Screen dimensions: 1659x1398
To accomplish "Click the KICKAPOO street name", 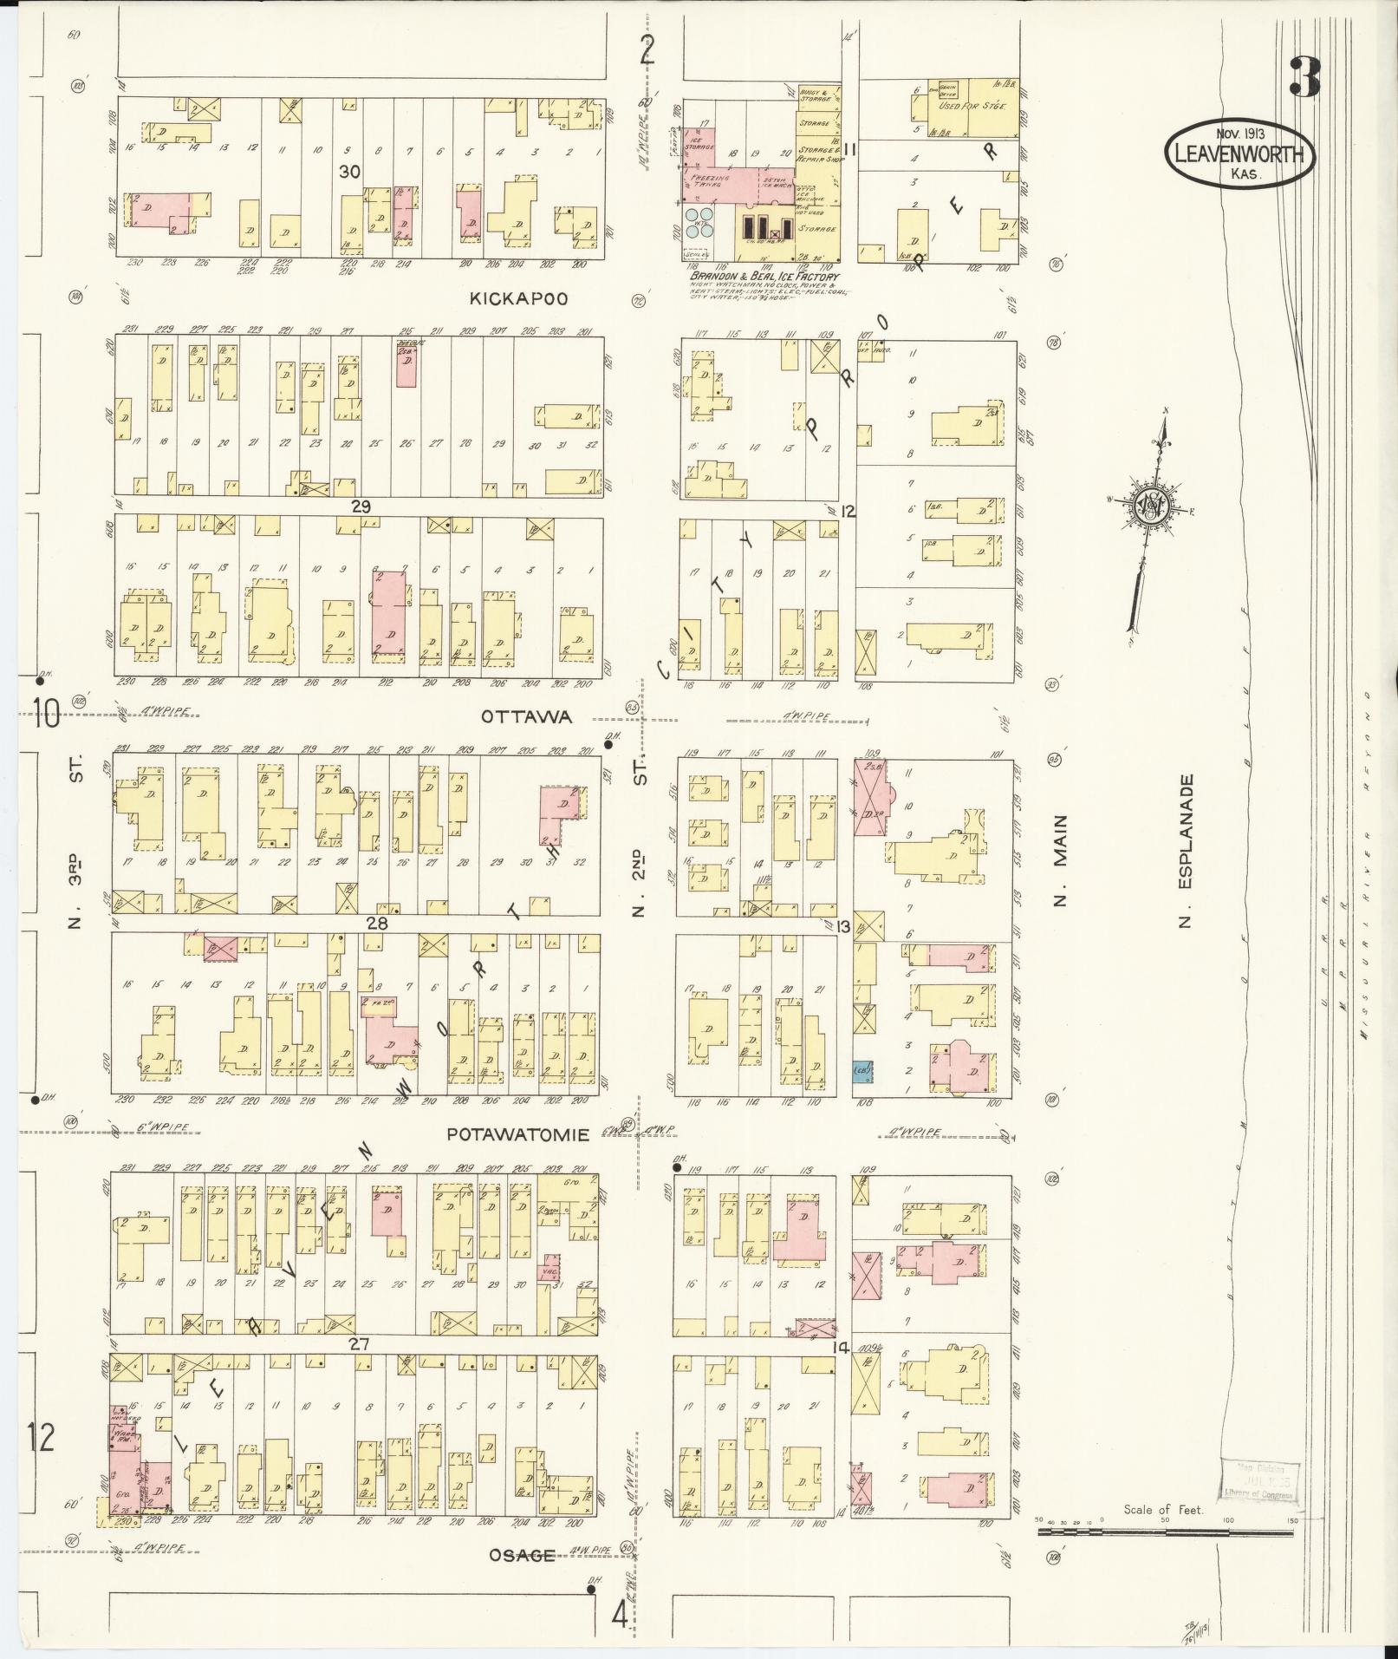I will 518,298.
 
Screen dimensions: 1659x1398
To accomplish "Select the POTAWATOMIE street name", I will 518,1134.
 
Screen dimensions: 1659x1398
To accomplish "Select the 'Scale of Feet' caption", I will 1163,1510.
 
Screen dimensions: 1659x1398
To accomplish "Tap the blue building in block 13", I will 862,1071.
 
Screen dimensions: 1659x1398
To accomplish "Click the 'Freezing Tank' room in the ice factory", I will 709,180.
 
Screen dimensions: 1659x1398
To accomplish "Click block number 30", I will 349,172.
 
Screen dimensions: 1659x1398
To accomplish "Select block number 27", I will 359,1368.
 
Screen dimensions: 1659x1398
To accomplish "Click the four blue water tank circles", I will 699,223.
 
